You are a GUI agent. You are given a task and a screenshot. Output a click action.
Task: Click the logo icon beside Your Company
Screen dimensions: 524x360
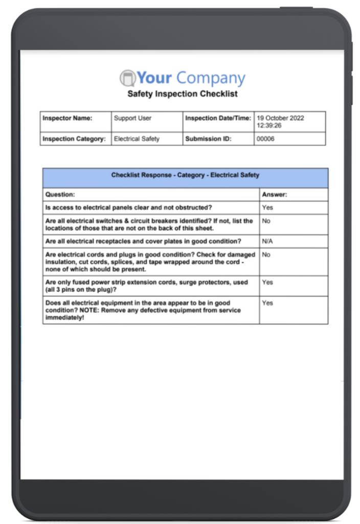tap(128, 78)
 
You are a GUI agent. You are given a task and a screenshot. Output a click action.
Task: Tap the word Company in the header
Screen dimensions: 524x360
tap(211, 78)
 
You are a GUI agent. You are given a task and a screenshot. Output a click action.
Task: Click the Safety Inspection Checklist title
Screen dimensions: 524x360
tap(182, 94)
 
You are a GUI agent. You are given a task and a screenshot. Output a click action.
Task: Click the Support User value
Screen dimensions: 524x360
tap(132, 118)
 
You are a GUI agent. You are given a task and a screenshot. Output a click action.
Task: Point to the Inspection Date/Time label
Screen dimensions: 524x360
tap(218, 118)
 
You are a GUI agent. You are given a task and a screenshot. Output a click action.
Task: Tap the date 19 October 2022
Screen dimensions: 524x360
tap(280, 118)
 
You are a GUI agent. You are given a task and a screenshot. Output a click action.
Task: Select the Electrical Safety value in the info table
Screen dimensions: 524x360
tap(137, 139)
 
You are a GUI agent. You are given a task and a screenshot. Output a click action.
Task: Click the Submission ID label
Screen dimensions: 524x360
tap(207, 139)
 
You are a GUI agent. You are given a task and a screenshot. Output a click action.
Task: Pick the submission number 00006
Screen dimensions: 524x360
tap(265, 139)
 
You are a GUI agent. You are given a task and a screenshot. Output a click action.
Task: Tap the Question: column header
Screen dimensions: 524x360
tap(60, 194)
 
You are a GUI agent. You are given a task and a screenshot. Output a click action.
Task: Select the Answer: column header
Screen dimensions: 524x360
tap(275, 194)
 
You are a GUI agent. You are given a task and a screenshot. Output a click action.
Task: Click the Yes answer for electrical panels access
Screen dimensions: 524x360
tap(267, 208)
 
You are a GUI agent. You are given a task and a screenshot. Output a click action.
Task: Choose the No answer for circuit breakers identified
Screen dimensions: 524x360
tap(266, 221)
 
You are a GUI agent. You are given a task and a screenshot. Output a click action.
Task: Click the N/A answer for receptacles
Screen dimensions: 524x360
tap(268, 242)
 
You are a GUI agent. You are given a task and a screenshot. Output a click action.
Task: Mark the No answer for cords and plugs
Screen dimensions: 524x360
tap(266, 254)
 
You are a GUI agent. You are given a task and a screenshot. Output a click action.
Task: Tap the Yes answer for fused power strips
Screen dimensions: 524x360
tap(267, 282)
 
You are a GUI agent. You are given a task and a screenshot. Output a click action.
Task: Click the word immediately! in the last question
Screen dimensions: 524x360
tap(66, 317)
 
